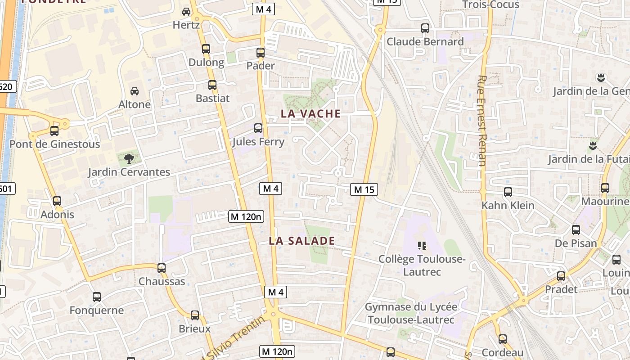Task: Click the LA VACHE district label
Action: (x=310, y=114)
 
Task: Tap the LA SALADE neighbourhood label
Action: (x=302, y=241)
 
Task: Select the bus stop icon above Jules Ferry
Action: (x=258, y=128)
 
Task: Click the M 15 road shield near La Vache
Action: (x=364, y=189)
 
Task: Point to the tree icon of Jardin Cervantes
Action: (x=129, y=158)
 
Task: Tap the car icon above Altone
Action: (x=134, y=91)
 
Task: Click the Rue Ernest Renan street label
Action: (x=481, y=121)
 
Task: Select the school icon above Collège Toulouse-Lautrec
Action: (x=422, y=245)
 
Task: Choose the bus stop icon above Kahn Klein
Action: (x=508, y=192)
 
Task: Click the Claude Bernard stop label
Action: (x=425, y=42)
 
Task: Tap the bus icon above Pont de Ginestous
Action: (x=54, y=131)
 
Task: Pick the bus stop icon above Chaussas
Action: (x=162, y=268)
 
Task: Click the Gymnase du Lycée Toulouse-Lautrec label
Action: (x=411, y=313)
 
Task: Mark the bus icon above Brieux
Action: (x=195, y=315)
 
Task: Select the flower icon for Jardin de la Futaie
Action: (x=592, y=145)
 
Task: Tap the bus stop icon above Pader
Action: (x=261, y=53)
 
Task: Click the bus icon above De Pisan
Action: (x=576, y=230)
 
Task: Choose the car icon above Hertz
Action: (x=186, y=12)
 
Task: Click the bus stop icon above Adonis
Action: (x=57, y=201)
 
